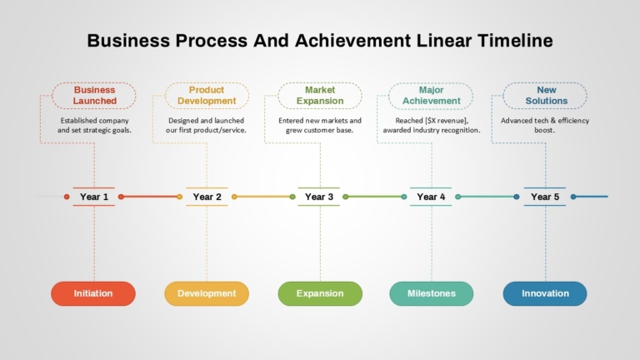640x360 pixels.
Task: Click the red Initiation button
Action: tap(93, 293)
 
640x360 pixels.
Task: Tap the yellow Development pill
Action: tap(207, 293)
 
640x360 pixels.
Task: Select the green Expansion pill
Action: tap(320, 293)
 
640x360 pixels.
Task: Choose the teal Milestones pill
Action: tap(432, 293)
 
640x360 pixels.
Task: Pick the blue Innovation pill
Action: tap(545, 293)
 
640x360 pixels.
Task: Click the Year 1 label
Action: tap(94, 197)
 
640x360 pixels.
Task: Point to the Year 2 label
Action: tap(207, 197)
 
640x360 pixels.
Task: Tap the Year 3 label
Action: tap(319, 197)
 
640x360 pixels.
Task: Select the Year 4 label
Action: tap(431, 197)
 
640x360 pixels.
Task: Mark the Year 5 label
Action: tap(545, 197)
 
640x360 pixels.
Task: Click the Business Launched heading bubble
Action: tap(94, 96)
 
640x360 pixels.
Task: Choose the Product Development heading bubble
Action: tap(207, 96)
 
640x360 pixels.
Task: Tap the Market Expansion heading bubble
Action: tap(320, 96)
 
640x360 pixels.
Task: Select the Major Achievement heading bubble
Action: tap(431, 96)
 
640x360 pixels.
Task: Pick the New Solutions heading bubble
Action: tap(545, 96)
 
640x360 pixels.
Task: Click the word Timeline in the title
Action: tap(515, 40)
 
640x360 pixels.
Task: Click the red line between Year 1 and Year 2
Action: tap(150, 197)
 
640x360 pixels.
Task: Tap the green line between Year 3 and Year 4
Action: tap(375, 197)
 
